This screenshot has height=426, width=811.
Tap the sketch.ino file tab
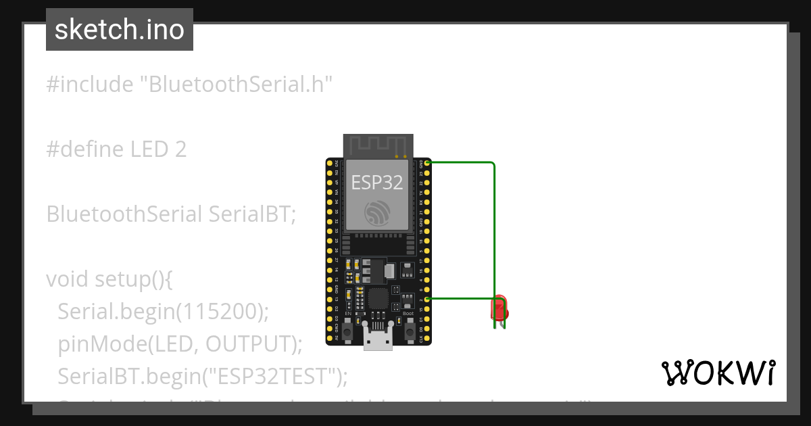coord(120,30)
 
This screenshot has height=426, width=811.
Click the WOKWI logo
coord(718,373)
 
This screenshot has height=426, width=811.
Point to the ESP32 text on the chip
coord(377,182)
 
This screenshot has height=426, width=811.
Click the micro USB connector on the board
coord(378,336)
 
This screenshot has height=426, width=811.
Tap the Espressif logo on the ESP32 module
coord(377,213)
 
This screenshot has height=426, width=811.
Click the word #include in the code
coord(90,85)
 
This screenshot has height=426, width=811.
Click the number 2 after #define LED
coord(180,149)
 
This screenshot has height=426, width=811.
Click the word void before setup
coord(68,279)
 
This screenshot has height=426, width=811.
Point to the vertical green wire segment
coord(494,230)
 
